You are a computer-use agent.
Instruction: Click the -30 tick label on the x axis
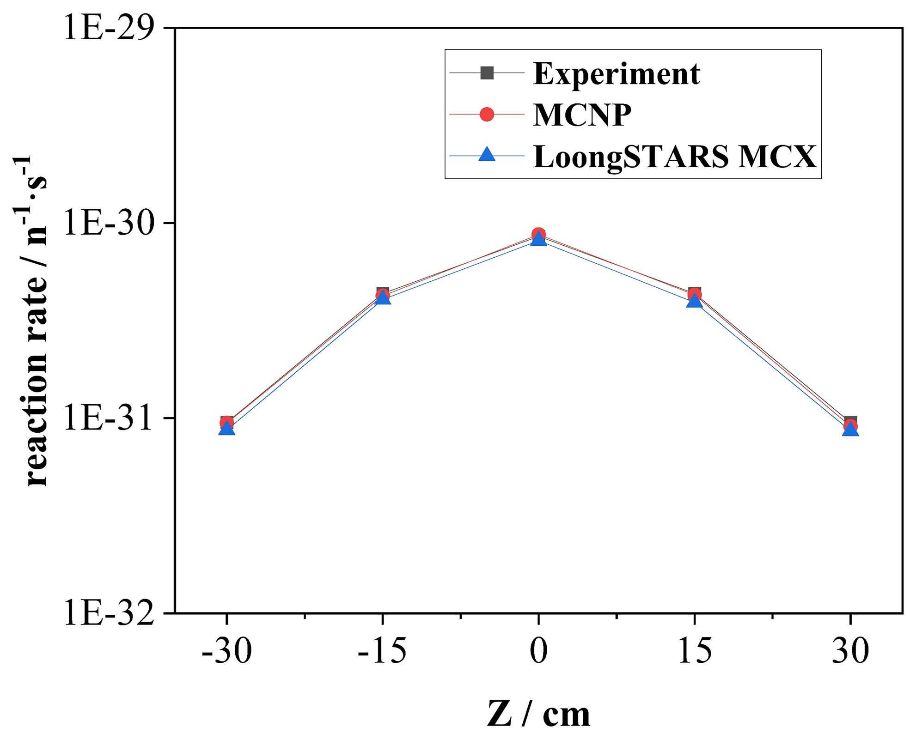coord(226,652)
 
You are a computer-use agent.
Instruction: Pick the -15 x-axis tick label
coord(382,652)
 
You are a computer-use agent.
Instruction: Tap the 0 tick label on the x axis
coord(538,652)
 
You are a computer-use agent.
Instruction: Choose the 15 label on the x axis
coord(694,652)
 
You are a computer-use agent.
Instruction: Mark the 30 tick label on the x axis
coord(850,652)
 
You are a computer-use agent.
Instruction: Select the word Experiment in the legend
coord(617,74)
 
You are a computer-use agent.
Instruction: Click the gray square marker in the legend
coord(487,73)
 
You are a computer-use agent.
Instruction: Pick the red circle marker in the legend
coord(487,114)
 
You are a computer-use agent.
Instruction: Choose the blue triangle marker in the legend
coord(487,155)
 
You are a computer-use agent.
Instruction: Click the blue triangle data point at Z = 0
coord(538,239)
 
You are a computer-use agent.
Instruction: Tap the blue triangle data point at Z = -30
coord(226,429)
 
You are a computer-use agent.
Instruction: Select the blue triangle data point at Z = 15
coord(694,301)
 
